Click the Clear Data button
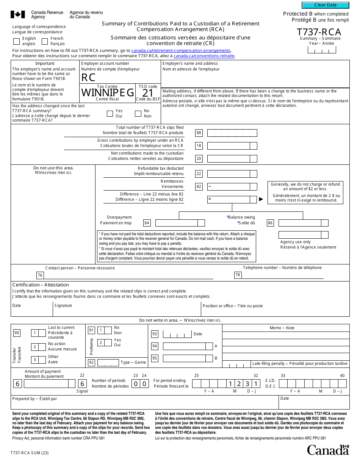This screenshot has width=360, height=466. (325, 5)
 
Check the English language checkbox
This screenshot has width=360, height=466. (17, 41)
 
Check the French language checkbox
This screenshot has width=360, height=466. (45, 41)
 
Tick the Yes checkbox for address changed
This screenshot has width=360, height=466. (110, 114)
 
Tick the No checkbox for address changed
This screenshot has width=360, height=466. (138, 114)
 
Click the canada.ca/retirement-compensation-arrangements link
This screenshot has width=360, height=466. (181, 50)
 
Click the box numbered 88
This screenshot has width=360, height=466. (199, 133)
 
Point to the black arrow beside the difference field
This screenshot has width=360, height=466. (261, 199)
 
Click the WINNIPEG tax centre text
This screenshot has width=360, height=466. (108, 93)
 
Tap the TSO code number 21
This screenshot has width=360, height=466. (148, 93)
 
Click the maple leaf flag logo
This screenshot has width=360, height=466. (17, 14)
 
